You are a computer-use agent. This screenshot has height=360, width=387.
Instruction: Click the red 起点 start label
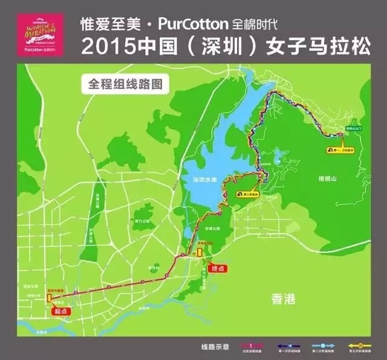pos(61,311)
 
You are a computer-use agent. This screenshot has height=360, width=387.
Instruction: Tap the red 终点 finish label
pos(216,268)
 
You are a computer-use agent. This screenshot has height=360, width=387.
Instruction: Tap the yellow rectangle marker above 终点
pos(200,255)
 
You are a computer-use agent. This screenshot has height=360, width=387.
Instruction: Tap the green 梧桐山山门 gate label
pos(353,128)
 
